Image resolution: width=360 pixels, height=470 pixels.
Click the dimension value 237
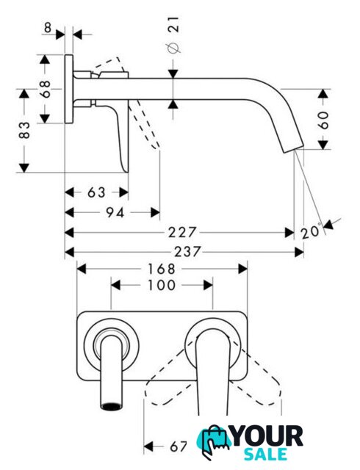click(187, 252)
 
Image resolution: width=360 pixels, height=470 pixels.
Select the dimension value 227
click(182, 232)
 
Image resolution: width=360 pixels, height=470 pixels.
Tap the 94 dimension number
click(115, 212)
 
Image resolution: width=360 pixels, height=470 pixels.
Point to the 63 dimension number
click(96, 192)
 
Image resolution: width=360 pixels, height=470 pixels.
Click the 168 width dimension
click(162, 270)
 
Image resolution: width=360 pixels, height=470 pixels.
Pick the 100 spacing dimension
click(162, 285)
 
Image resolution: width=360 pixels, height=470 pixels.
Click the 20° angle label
click(311, 231)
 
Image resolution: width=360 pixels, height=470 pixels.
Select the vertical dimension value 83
click(24, 131)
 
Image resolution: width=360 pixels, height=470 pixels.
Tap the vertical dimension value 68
click(46, 89)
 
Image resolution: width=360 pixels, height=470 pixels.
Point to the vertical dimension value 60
click(323, 120)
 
